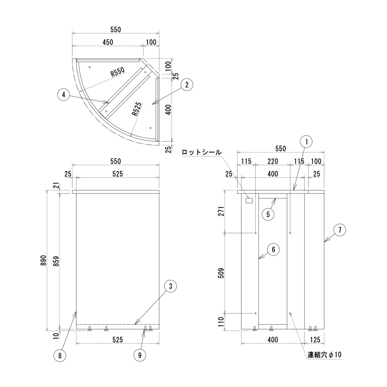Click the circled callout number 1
[306, 142]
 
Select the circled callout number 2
[187, 85]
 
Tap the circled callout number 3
[170, 286]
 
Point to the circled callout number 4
[63, 94]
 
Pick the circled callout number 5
[268, 214]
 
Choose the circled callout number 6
[273, 250]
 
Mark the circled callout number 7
[339, 230]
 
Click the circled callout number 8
[60, 355]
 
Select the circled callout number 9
[140, 355]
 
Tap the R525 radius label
[136, 110]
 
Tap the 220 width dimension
[272, 161]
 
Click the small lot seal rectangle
[249, 201]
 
